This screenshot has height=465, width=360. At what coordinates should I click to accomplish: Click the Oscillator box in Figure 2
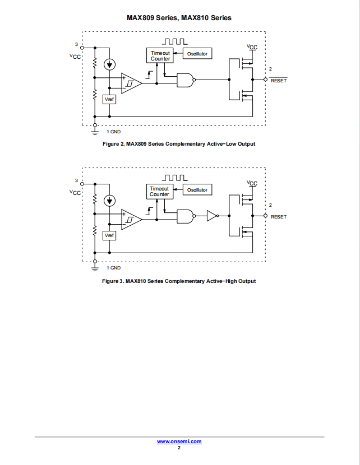point(197,53)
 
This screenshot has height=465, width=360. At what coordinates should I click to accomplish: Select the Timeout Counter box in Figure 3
point(160,191)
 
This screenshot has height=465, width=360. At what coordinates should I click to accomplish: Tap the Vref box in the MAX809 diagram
point(109,99)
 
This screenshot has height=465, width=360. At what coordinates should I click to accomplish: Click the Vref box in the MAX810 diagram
point(109,235)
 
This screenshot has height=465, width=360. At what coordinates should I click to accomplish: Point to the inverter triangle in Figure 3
point(212,216)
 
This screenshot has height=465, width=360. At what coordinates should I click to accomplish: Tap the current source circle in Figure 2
point(109,64)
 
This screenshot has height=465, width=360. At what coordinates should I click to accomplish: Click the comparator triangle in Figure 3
point(131,220)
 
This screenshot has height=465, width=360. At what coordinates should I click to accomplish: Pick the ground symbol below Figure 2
point(95,132)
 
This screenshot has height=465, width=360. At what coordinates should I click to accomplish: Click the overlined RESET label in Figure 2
point(279,80)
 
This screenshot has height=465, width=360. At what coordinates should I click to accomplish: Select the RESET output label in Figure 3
point(279,217)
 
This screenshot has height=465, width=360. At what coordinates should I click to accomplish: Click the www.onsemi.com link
point(179,441)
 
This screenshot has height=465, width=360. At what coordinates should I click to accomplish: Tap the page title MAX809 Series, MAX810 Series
point(179,18)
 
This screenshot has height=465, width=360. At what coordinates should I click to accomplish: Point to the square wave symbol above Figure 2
point(174,41)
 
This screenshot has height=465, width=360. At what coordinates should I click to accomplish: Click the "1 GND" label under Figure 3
point(114,268)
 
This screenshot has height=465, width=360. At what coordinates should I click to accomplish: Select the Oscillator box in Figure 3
point(197,190)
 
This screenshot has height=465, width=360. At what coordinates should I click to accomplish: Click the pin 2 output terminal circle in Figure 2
point(266,80)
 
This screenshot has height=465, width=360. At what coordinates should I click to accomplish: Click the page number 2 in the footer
point(179,448)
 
